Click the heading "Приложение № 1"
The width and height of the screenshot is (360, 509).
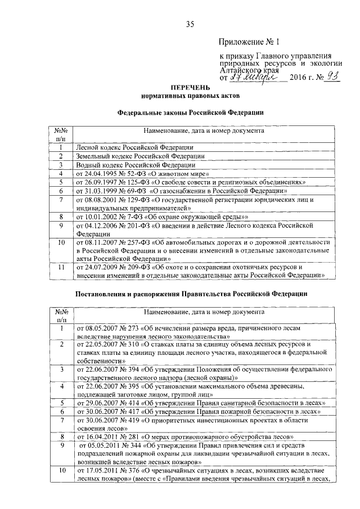(x=247, y=42)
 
